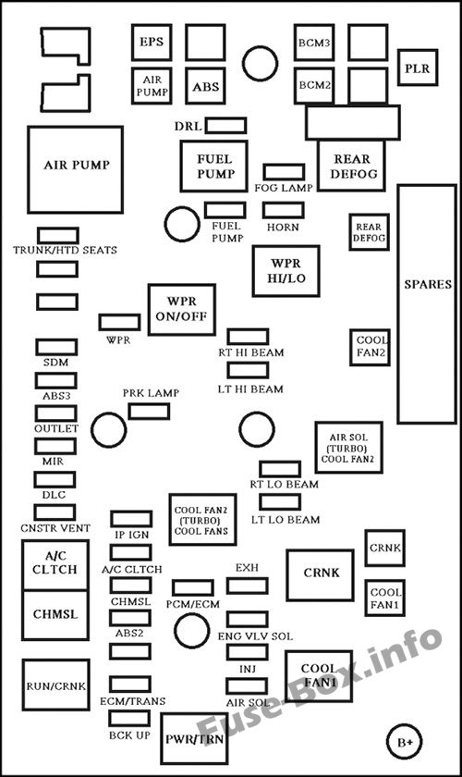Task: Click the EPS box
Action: (x=151, y=43)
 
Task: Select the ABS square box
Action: (x=205, y=86)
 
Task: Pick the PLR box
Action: (x=419, y=68)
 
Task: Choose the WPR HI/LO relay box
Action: (x=286, y=271)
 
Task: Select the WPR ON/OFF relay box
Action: (x=181, y=310)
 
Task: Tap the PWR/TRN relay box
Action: (x=194, y=740)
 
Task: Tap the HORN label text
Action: (x=283, y=227)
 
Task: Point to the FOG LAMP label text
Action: (x=284, y=188)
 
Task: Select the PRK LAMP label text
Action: (x=151, y=393)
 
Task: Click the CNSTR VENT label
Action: (x=56, y=527)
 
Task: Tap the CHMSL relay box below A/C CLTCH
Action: (x=57, y=613)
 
